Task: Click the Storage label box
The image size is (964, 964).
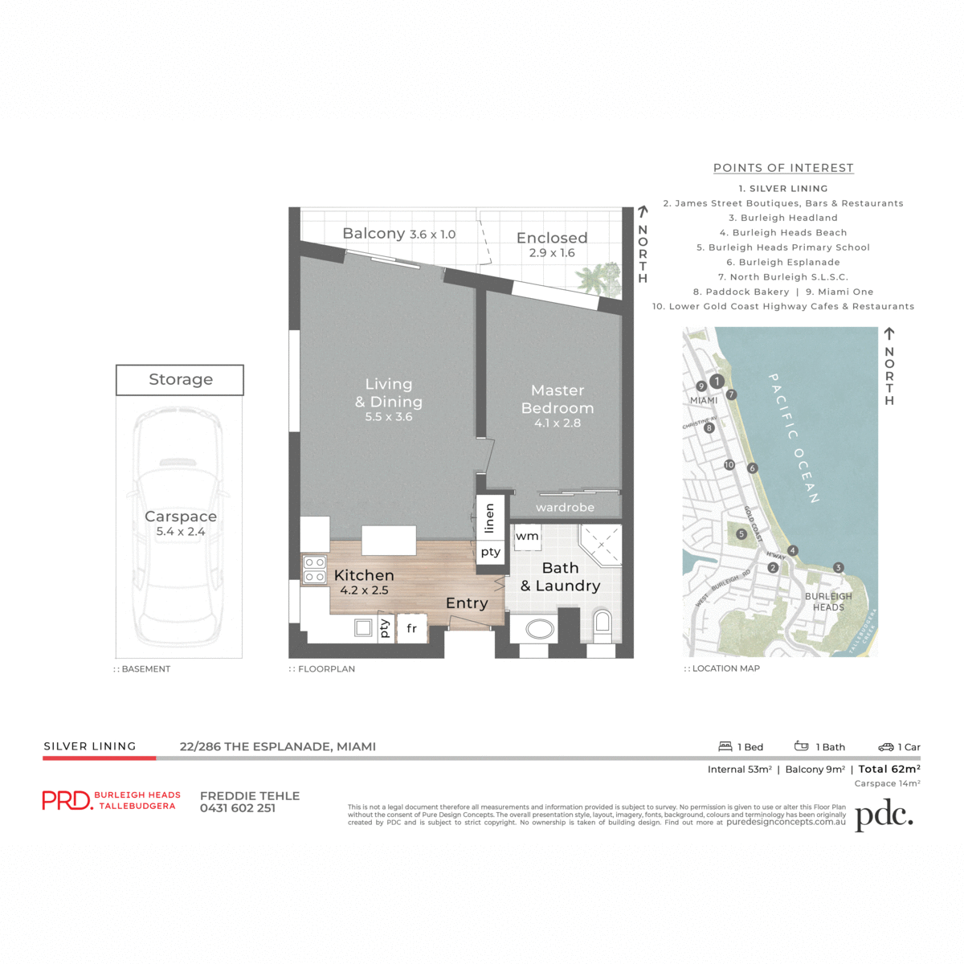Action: point(180,380)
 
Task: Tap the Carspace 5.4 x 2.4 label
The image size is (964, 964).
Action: point(181,523)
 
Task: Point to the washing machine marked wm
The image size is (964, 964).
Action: point(528,537)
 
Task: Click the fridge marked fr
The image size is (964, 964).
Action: point(412,628)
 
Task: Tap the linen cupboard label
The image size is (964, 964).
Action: point(489,519)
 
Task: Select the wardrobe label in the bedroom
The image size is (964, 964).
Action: point(565,507)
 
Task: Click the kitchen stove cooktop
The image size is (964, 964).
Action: point(314,570)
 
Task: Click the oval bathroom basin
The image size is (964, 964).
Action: point(540,629)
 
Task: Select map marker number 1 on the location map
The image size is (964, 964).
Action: point(717,382)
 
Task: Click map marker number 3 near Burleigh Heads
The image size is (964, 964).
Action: point(838,567)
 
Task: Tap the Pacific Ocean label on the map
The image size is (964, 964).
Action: point(794,439)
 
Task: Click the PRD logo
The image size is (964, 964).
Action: point(67,800)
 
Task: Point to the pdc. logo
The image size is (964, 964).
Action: point(884,815)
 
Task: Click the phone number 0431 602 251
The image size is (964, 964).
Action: point(238,808)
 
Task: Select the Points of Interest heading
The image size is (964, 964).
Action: point(783,168)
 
